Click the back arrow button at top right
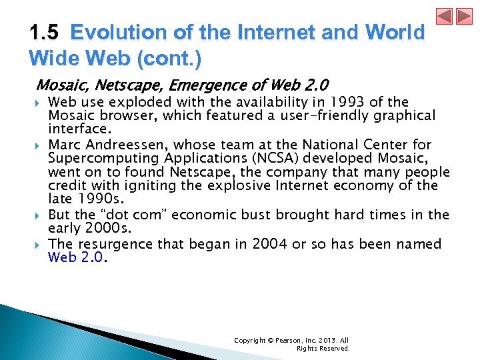(x=445, y=16)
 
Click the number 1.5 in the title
(x=46, y=33)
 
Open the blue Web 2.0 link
(x=76, y=257)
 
